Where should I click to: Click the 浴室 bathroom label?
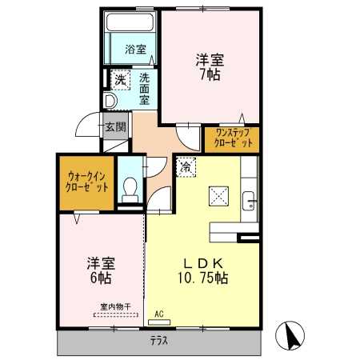click(135, 50)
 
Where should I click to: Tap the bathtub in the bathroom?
click(130, 22)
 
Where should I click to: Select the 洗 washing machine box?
click(120, 80)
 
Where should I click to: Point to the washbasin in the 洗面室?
click(110, 101)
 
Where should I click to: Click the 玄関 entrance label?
click(115, 126)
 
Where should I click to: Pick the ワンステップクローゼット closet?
click(232, 140)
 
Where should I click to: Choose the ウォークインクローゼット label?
click(87, 182)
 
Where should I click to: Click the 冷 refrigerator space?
click(186, 167)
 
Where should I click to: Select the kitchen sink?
click(249, 201)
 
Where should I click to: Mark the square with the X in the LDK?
click(218, 196)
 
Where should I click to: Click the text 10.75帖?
click(203, 278)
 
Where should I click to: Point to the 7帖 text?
click(210, 74)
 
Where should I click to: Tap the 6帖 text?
click(101, 278)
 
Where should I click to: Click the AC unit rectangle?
click(159, 322)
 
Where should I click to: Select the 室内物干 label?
click(116, 306)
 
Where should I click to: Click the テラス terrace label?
click(159, 341)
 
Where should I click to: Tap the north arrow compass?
click(290, 335)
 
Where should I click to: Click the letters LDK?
click(203, 264)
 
